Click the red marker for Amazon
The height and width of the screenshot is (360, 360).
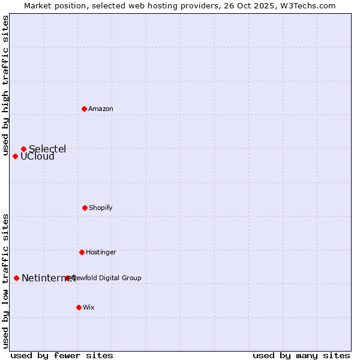(84, 109)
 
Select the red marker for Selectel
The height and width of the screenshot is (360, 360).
(23, 149)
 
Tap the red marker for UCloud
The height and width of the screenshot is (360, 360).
(15, 156)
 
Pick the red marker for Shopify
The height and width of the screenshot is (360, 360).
(85, 208)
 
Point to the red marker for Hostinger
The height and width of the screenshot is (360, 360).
(82, 252)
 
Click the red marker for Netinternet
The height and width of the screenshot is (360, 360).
(16, 278)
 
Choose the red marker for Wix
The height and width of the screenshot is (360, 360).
(79, 307)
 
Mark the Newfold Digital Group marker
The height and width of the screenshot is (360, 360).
(67, 278)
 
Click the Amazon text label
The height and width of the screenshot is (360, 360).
(101, 109)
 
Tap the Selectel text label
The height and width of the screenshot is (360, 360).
(47, 149)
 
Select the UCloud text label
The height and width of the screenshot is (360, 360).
(37, 157)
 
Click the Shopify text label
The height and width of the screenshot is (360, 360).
(101, 208)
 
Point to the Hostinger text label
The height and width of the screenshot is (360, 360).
(101, 252)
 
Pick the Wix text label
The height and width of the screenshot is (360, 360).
(89, 307)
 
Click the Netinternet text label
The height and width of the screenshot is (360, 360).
(48, 278)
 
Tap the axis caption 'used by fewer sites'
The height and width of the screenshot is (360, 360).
(62, 355)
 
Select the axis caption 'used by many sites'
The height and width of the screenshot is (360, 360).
(301, 355)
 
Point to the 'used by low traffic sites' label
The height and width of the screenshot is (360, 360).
(5, 281)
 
